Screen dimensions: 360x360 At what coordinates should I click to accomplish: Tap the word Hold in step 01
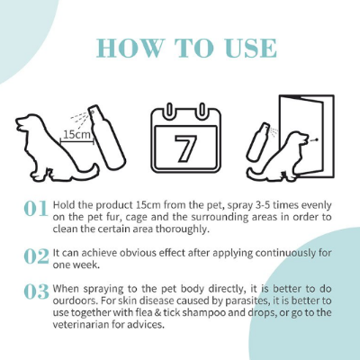67,204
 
